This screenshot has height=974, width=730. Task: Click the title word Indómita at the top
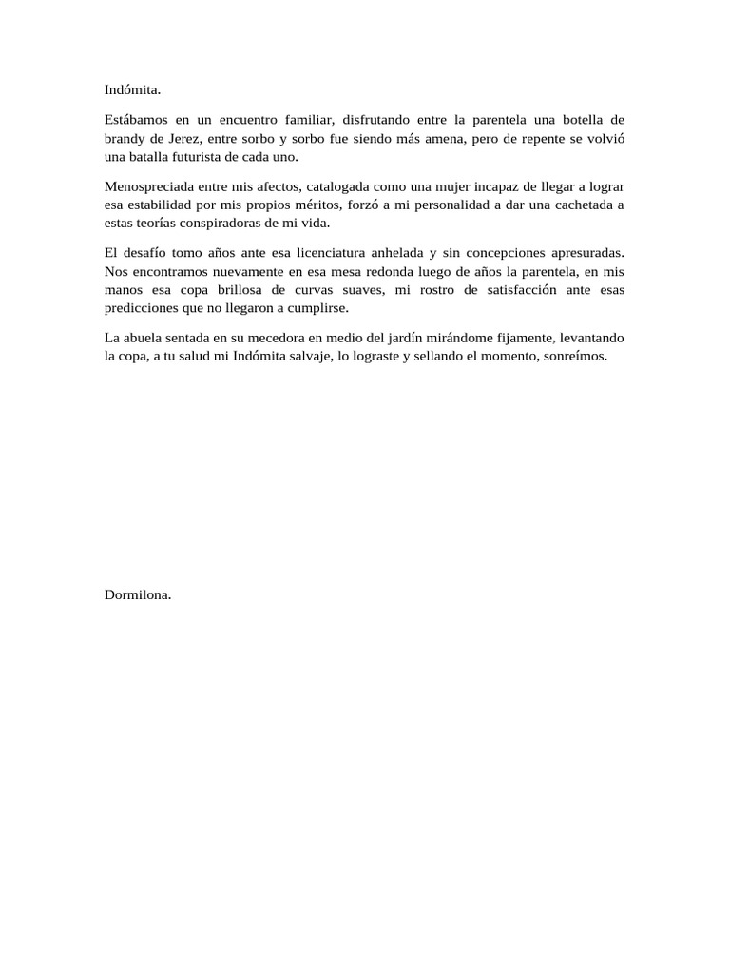[133, 90]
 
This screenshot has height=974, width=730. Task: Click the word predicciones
[142, 309]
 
